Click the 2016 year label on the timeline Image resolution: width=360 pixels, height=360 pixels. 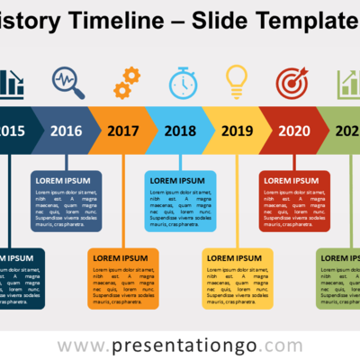click(x=66, y=130)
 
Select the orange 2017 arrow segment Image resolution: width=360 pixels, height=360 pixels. click(x=123, y=130)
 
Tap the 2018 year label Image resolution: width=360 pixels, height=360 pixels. click(x=180, y=130)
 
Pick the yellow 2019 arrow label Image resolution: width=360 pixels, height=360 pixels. click(x=237, y=130)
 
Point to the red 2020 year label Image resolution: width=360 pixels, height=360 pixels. click(x=293, y=130)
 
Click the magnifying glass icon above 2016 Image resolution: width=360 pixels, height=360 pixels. click(x=68, y=83)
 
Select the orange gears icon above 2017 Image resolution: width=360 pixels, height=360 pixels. click(x=126, y=82)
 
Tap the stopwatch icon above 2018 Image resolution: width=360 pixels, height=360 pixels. click(x=183, y=82)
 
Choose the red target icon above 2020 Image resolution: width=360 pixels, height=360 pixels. click(x=293, y=82)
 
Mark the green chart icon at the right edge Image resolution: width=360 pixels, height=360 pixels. click(x=348, y=84)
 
